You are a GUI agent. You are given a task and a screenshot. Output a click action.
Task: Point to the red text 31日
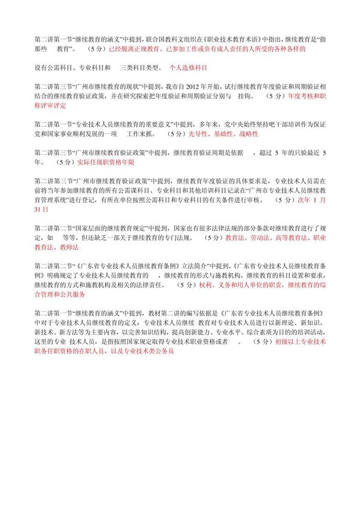(x=41, y=211)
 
